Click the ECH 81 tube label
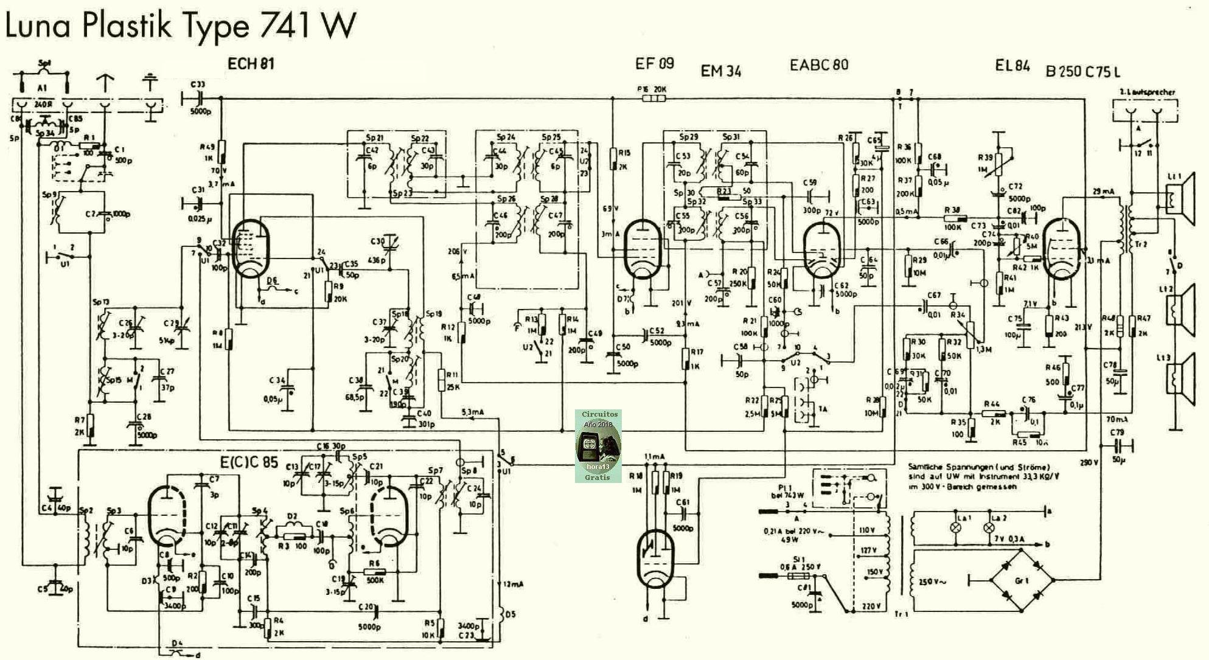(251, 64)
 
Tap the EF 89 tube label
(654, 64)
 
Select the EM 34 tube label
(721, 71)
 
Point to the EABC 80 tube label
(818, 64)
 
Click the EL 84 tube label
(1012, 65)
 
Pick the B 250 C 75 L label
(1083, 71)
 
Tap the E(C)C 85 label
(249, 462)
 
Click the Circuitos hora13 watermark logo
(598, 446)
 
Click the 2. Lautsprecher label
(1147, 92)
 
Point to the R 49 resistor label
(207, 147)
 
